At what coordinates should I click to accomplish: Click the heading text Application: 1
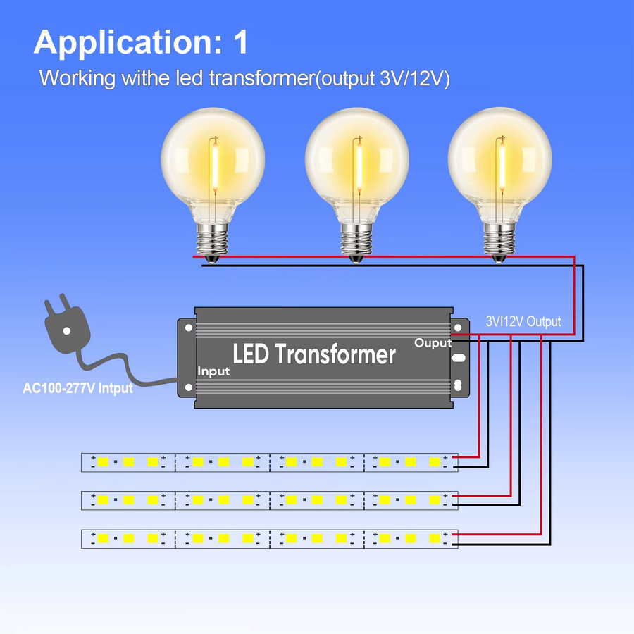[141, 42]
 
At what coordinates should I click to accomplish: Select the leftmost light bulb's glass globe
[213, 162]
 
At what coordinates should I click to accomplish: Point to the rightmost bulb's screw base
[499, 242]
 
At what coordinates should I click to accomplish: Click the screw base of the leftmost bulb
[212, 242]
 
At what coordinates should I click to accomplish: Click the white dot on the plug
[67, 331]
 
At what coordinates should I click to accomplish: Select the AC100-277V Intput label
[77, 388]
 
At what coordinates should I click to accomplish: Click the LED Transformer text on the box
[314, 354]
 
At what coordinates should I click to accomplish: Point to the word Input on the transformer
[213, 371]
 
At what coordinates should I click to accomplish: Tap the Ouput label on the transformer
[433, 343]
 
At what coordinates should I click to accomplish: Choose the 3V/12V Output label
[523, 321]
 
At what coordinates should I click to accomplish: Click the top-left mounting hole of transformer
[188, 328]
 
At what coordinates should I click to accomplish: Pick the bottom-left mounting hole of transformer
[188, 387]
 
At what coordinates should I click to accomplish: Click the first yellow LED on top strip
[103, 461]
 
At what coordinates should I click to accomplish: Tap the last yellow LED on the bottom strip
[435, 538]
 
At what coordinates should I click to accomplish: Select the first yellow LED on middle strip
[103, 499]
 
